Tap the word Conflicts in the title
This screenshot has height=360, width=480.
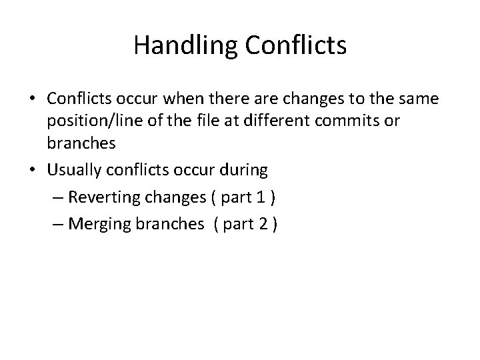296,45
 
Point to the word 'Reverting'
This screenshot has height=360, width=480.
101,197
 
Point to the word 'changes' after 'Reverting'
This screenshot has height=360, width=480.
163,197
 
